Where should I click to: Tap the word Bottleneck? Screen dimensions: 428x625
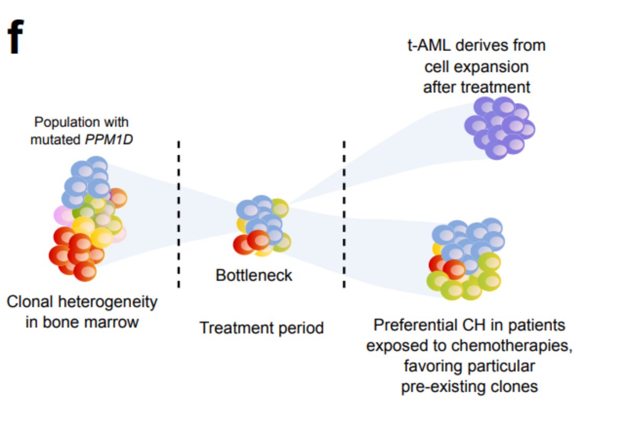pos(254,275)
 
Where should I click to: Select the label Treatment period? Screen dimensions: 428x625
pos(261,328)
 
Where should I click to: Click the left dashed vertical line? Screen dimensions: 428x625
pos(179,213)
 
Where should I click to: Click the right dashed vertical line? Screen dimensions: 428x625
pos(344,213)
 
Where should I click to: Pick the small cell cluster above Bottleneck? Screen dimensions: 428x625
pos(263,226)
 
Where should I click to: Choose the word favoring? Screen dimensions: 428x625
pos(434,366)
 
